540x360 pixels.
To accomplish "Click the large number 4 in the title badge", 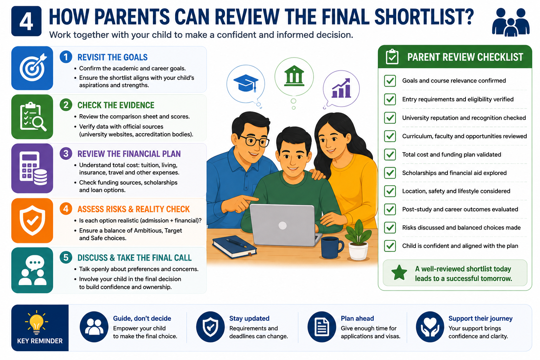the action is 26,21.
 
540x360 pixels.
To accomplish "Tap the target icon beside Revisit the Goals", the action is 33,67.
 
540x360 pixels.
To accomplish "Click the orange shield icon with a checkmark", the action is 32,220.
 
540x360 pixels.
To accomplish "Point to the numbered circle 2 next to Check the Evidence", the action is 66,105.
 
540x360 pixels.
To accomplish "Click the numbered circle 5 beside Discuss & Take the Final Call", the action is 66,257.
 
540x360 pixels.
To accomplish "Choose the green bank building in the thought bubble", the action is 294,76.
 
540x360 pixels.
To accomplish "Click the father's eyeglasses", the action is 254,141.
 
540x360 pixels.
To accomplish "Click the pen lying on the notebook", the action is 237,243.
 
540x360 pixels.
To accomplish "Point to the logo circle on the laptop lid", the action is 282,226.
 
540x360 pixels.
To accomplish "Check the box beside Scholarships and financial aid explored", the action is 390,173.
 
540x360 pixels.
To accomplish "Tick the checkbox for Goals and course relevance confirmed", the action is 390,81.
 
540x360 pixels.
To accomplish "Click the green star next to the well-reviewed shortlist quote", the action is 399,273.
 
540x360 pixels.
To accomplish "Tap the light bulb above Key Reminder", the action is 37,322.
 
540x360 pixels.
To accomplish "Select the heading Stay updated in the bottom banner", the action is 249,318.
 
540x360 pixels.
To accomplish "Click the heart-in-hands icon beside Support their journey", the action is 430,327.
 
